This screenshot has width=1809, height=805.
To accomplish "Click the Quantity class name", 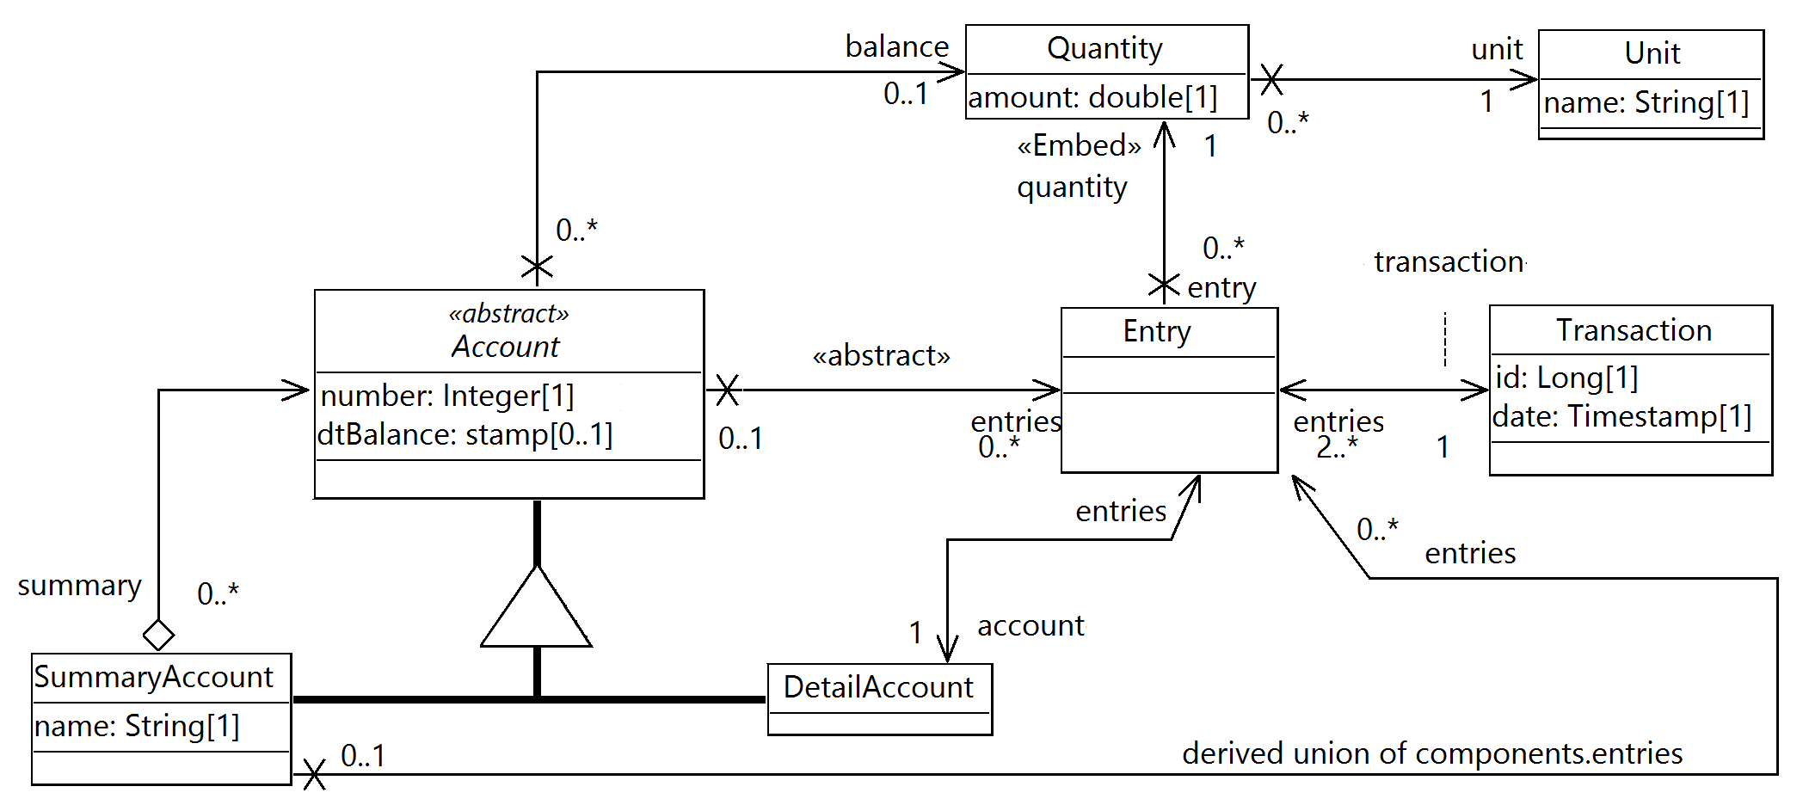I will click(1104, 48).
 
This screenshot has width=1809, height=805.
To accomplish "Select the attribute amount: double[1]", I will click(1092, 97).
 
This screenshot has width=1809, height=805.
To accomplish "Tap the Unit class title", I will click(1652, 53).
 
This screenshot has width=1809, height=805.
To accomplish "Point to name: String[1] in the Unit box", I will click(1646, 103).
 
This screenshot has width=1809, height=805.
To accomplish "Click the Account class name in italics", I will click(506, 347).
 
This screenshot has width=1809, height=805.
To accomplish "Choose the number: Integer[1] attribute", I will click(446, 396).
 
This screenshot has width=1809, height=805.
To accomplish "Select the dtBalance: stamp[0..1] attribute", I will click(465, 434).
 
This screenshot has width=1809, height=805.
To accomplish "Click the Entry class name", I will click(1157, 331).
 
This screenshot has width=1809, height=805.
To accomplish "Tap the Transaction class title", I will click(1634, 330).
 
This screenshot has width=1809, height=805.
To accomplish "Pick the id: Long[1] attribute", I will click(1566, 378).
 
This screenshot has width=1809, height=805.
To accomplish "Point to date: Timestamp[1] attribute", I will click(1621, 416).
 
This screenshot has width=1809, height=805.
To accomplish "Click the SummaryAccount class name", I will click(154, 678).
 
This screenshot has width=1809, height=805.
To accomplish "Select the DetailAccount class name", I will click(878, 687).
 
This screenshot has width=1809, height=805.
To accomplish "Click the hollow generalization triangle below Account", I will click(536, 611).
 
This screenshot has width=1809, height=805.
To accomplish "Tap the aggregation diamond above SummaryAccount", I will click(158, 636).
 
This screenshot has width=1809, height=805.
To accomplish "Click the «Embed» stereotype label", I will click(1079, 145).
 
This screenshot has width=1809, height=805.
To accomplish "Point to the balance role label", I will click(896, 46).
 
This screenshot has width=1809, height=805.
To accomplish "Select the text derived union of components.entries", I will click(1431, 753).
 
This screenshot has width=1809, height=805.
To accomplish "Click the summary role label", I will click(79, 586).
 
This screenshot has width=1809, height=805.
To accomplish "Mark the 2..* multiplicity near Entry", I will click(1336, 447).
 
